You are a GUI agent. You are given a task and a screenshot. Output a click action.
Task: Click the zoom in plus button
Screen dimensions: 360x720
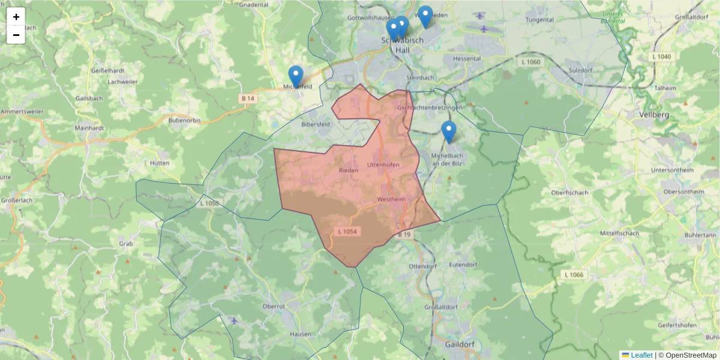[x=16, y=17]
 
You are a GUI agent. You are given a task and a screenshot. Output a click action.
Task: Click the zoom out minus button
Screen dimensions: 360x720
[x=16, y=35]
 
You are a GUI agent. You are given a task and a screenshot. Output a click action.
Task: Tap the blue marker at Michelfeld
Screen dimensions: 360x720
[x=296, y=76]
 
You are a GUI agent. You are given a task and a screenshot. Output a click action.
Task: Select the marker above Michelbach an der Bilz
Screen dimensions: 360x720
[x=448, y=131]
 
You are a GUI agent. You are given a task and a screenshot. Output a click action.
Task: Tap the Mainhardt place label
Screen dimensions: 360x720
[x=90, y=128]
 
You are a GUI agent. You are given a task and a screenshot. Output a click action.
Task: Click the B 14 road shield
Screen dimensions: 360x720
[x=248, y=98]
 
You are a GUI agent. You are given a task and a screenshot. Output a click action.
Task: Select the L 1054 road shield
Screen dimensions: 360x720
[x=347, y=231]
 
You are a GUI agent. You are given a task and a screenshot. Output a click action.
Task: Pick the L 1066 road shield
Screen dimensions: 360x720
[x=574, y=274]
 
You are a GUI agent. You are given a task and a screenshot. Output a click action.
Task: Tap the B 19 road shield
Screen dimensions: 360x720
[x=404, y=235]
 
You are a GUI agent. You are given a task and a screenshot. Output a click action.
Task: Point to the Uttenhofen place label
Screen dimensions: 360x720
[x=383, y=164]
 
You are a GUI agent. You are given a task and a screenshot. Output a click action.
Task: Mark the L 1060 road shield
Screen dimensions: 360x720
[x=529, y=62]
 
